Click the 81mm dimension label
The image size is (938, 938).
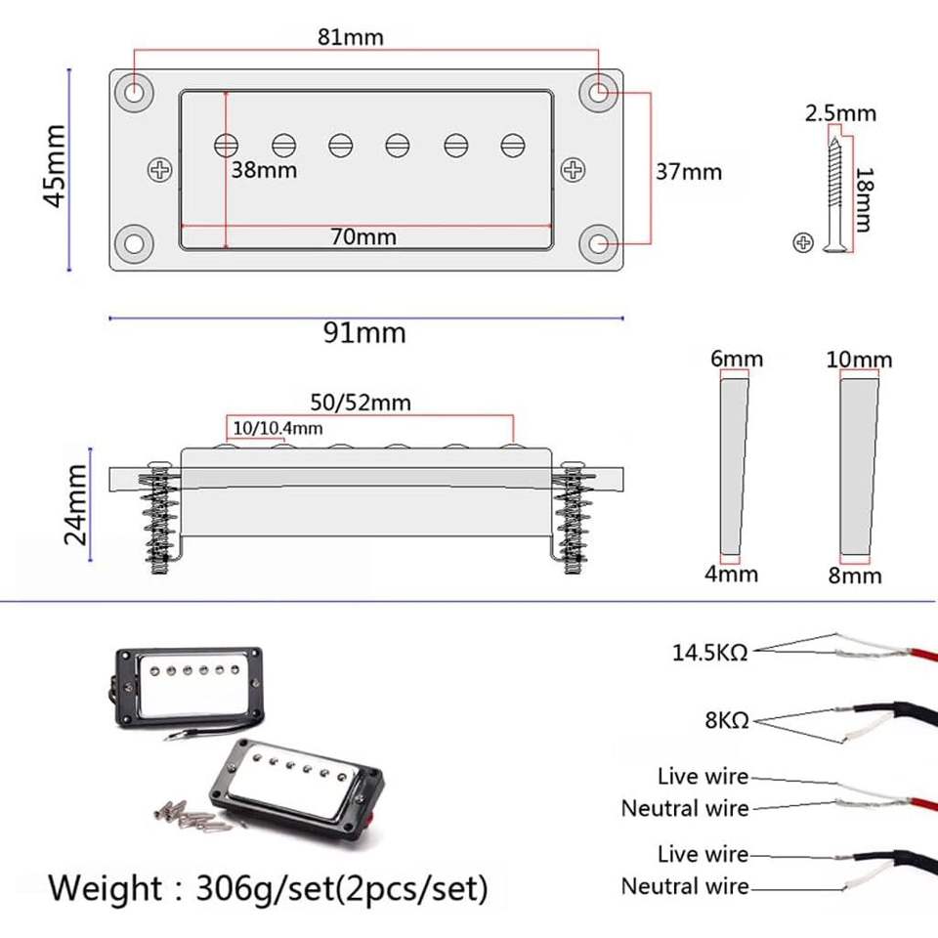(350, 37)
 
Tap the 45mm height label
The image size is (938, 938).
(55, 166)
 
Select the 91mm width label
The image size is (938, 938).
(364, 332)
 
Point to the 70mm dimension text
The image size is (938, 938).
(363, 236)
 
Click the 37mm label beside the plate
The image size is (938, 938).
(689, 172)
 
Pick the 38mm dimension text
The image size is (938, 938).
(264, 170)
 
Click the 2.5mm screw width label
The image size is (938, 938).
(840, 113)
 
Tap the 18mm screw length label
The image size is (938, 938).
(863, 199)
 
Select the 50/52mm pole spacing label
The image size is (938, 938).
(361, 402)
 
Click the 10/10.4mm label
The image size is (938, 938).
(277, 428)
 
